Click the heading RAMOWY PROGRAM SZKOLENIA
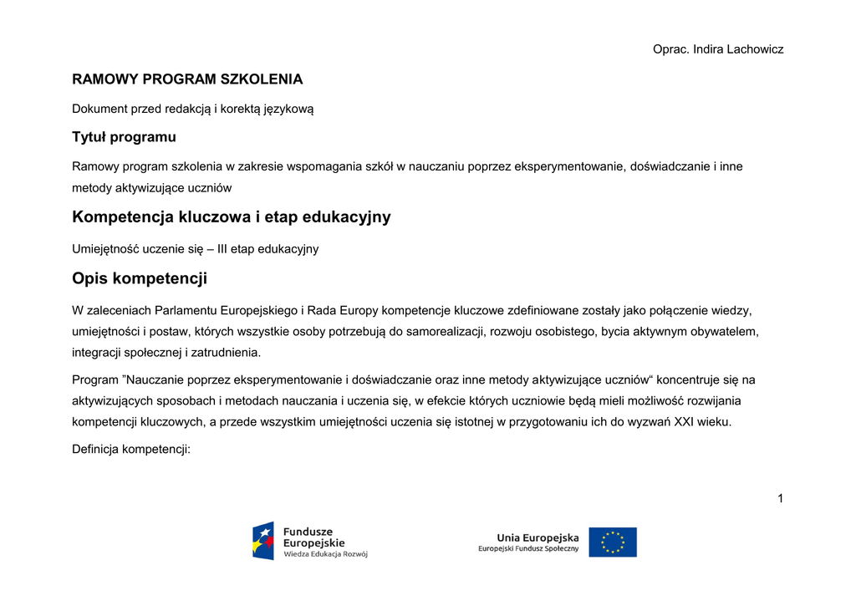tap(187, 80)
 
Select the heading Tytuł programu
tap(124, 137)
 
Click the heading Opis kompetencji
tap(140, 278)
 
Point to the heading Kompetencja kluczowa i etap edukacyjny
tap(232, 217)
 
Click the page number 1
tap(780, 499)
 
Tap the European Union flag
tap(613, 542)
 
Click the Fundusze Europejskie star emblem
tap(263, 540)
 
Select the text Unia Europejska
tap(538, 537)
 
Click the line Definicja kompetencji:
tap(131, 450)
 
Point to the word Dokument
tap(99, 109)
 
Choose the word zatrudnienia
tap(226, 353)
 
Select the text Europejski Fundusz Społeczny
tap(528, 549)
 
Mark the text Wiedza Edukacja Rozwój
tap(325, 553)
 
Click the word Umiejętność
tap(105, 249)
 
